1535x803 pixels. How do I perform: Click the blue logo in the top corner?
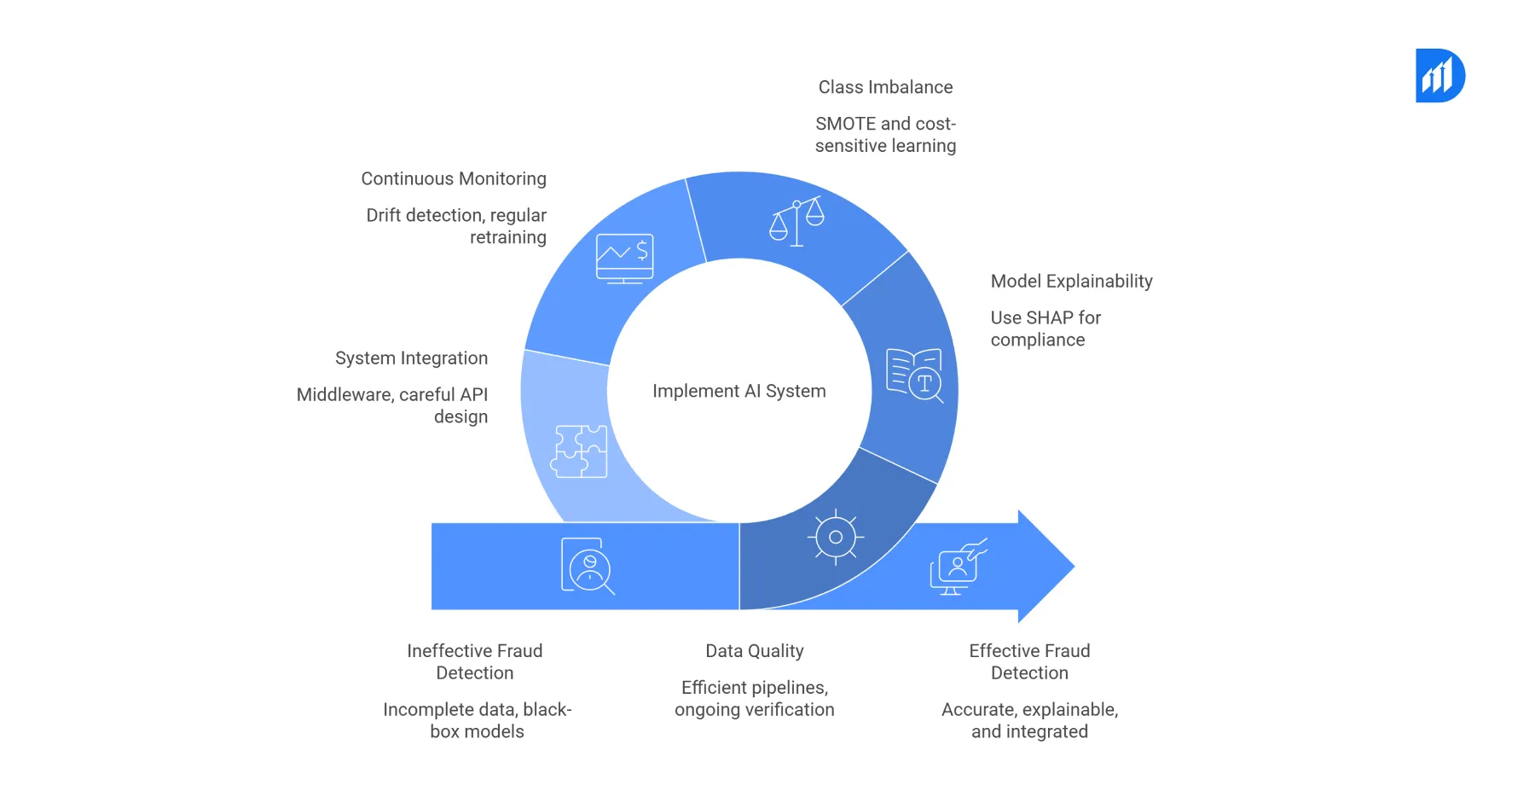(x=1439, y=76)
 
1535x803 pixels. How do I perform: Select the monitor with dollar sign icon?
(x=625, y=258)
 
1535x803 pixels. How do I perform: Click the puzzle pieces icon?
(x=580, y=451)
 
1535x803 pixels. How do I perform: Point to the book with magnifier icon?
(x=915, y=375)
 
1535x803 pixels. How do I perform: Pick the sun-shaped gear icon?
(x=836, y=537)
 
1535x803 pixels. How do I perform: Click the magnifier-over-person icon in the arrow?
(x=588, y=566)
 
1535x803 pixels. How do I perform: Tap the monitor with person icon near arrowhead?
(x=958, y=567)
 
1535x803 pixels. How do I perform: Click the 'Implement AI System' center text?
(x=739, y=391)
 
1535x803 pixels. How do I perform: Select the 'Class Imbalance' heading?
(x=885, y=87)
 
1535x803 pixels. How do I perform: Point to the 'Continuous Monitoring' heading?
(x=454, y=178)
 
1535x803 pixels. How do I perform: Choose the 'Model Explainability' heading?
(x=1071, y=281)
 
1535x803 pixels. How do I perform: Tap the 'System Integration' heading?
(x=411, y=358)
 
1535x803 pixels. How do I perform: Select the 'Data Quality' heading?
(x=755, y=650)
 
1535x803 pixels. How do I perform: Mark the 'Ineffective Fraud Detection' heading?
(x=475, y=661)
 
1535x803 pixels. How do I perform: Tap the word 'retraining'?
(x=507, y=237)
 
